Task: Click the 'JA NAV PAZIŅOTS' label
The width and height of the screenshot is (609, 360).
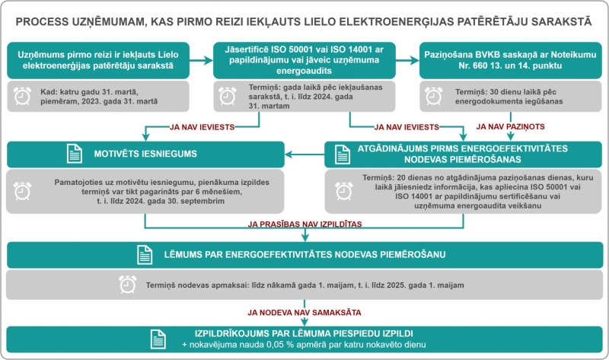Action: pyautogui.click(x=510, y=126)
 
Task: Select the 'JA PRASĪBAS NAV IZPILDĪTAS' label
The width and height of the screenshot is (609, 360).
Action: pyautogui.click(x=305, y=224)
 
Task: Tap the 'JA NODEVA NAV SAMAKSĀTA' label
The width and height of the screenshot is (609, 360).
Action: pyautogui.click(x=304, y=312)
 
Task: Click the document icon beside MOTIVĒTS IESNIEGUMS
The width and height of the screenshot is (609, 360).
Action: pyautogui.click(x=74, y=154)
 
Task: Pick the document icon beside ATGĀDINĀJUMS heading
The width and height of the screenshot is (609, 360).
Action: pyautogui.click(x=342, y=155)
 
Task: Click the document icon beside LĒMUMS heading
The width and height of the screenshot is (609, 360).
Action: pyautogui.click(x=145, y=255)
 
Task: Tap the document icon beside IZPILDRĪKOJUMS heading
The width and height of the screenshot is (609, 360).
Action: pyautogui.click(x=158, y=339)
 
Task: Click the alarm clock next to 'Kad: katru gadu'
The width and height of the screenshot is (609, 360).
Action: pyautogui.click(x=23, y=96)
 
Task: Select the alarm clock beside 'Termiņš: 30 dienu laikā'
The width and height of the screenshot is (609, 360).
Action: pyautogui.click(x=433, y=96)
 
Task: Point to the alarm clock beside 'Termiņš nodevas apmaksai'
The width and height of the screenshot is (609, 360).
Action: pyautogui.click(x=128, y=285)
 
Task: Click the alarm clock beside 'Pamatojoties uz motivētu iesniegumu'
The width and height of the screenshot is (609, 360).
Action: pyautogui.click(x=23, y=191)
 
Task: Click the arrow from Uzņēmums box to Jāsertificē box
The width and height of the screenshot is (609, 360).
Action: pyautogui.click(x=201, y=60)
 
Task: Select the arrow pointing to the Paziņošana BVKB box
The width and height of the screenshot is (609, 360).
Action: pyautogui.click(x=407, y=60)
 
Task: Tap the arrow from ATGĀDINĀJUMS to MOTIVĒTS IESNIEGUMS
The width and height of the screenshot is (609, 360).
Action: pyautogui.click(x=304, y=155)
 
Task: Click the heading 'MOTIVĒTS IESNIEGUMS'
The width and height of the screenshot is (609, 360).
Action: pyautogui.click(x=145, y=154)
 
